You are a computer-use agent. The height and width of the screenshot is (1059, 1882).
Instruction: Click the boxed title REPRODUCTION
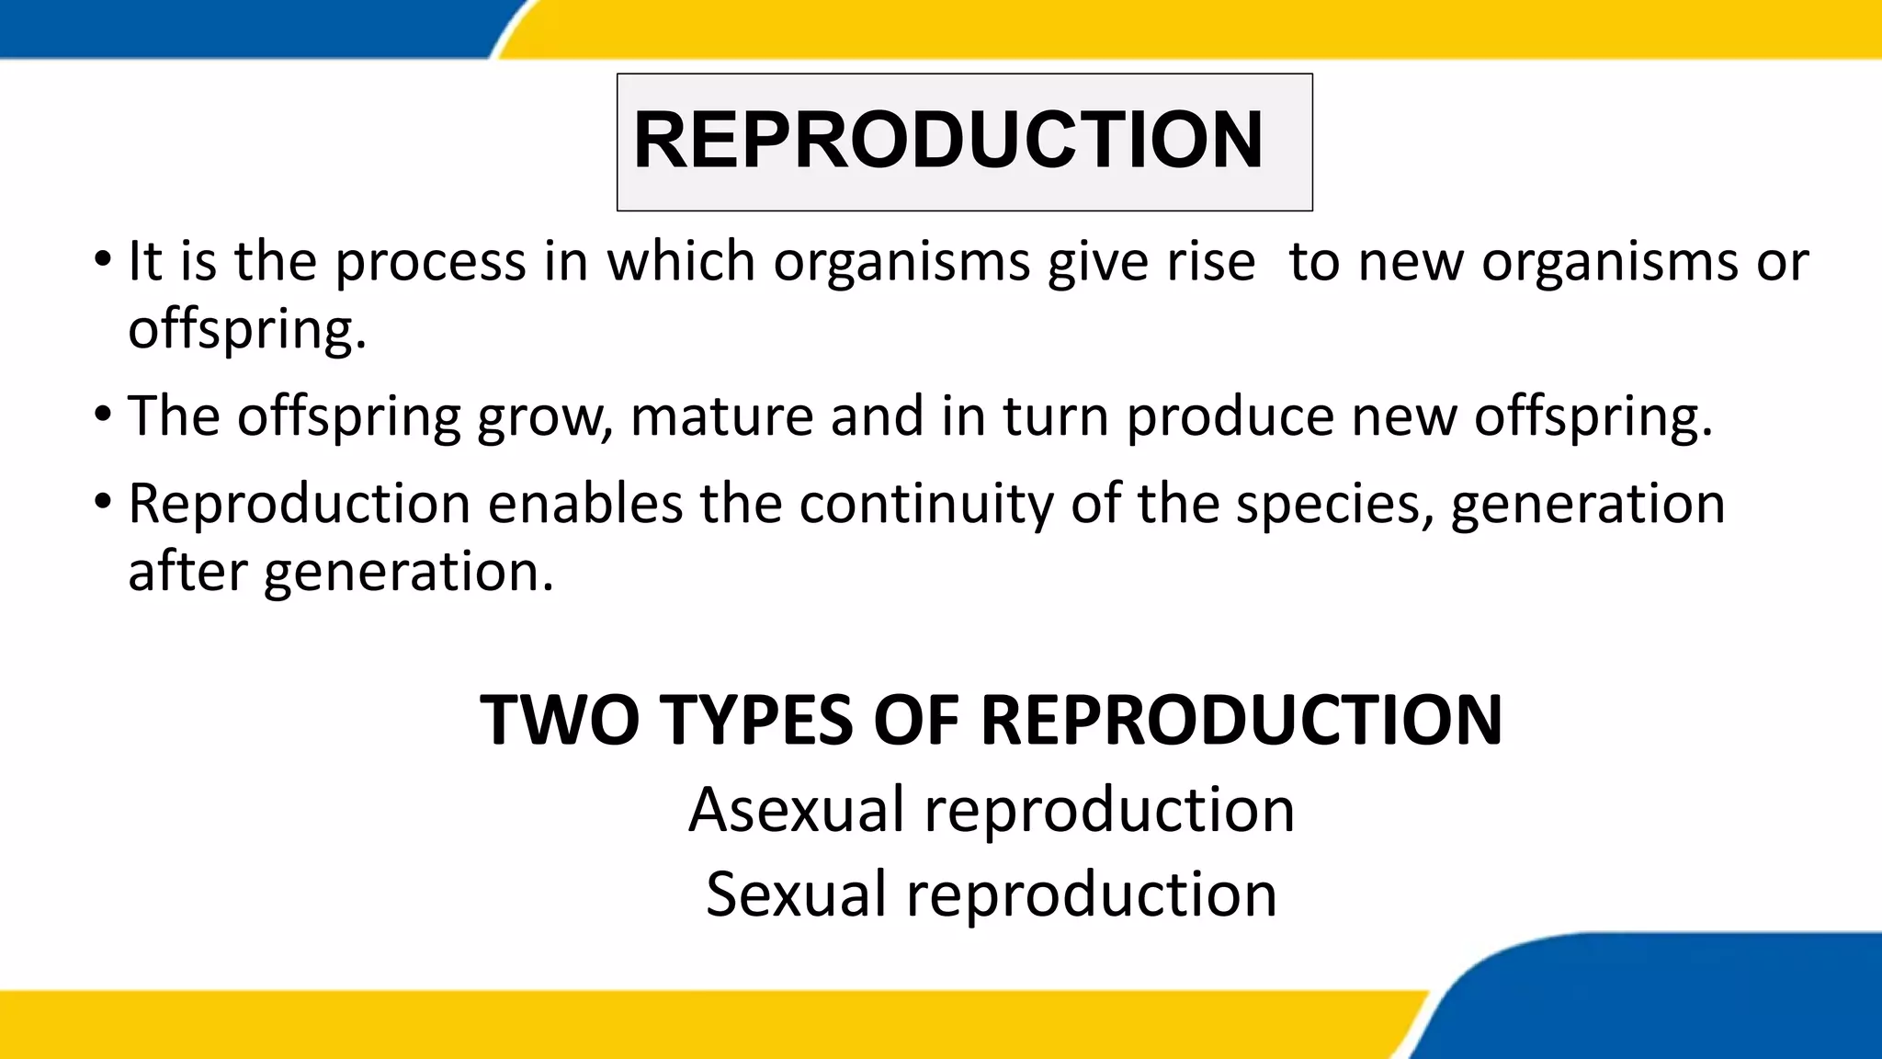click(x=948, y=140)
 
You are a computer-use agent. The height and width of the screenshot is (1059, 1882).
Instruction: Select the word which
click(x=680, y=261)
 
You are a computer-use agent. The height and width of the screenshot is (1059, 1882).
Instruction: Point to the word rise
click(x=1210, y=261)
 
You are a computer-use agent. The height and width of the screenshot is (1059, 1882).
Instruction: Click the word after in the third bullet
click(x=187, y=571)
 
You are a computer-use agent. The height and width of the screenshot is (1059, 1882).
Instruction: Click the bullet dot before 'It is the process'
click(x=103, y=256)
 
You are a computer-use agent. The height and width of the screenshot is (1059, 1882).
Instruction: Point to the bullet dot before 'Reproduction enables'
click(x=103, y=500)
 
